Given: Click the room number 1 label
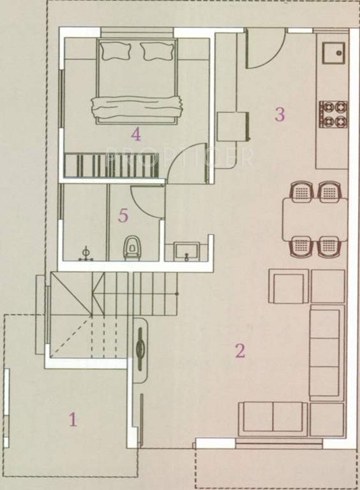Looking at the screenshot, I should coord(73,420).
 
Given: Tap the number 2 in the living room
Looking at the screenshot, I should coord(240,350).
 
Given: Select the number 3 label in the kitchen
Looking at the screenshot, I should coord(279,115).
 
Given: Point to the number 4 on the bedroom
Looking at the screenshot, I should coord(135,134).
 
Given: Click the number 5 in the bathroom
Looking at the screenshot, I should coord(123,216).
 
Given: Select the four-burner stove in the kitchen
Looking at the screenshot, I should coord(333,112).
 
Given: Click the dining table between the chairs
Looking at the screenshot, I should coord(315,218).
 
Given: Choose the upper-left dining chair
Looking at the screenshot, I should coord(300,191).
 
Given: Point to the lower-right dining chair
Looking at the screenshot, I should coord(329,246).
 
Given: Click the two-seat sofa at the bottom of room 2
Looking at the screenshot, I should coord(273,419).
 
